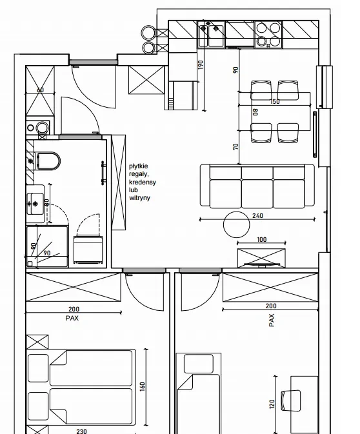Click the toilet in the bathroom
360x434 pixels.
coord(48,161)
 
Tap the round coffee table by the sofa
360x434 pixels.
coord(237,224)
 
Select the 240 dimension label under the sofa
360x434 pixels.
coord(258,215)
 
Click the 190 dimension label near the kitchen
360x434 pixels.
coord(201,64)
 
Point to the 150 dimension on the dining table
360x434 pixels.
coord(275,102)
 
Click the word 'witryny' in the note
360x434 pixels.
coord(140,198)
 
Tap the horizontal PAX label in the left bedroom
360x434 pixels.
coord(72,319)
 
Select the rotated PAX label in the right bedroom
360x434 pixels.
coord(272,320)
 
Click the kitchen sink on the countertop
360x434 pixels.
coord(211,36)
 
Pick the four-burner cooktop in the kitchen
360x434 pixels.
coord(268,35)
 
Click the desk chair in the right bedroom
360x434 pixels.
coord(291,400)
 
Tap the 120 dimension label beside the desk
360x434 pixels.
coord(272,404)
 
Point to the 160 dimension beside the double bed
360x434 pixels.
coord(143,387)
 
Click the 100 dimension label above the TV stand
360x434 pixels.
coord(262,239)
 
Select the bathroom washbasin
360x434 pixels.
coord(35,204)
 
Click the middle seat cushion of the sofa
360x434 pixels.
coord(257,193)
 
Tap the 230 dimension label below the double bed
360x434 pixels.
coord(81,431)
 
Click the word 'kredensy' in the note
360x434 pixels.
coord(143,182)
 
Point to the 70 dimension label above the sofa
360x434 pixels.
coord(235,146)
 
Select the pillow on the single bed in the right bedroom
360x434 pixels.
coord(199,364)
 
